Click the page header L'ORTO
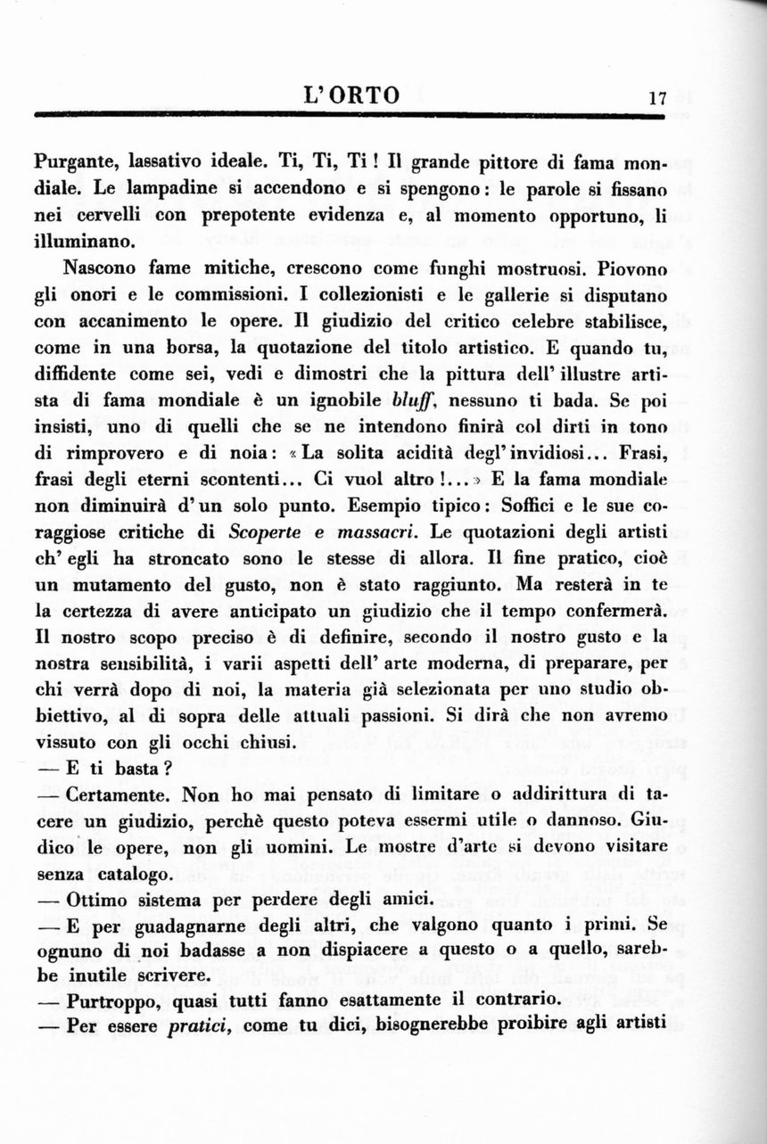coord(351,95)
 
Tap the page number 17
coord(657,99)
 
